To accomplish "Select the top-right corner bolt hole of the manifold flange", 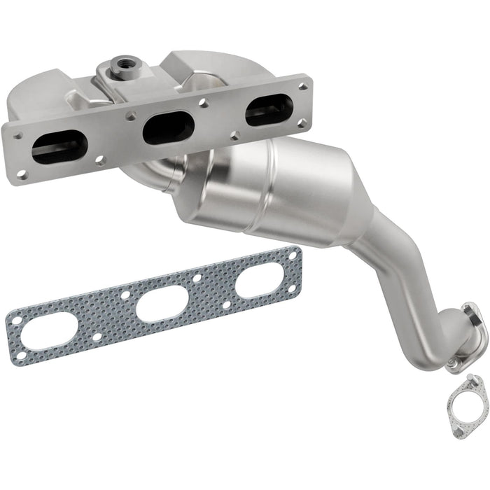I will pos(302,87).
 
